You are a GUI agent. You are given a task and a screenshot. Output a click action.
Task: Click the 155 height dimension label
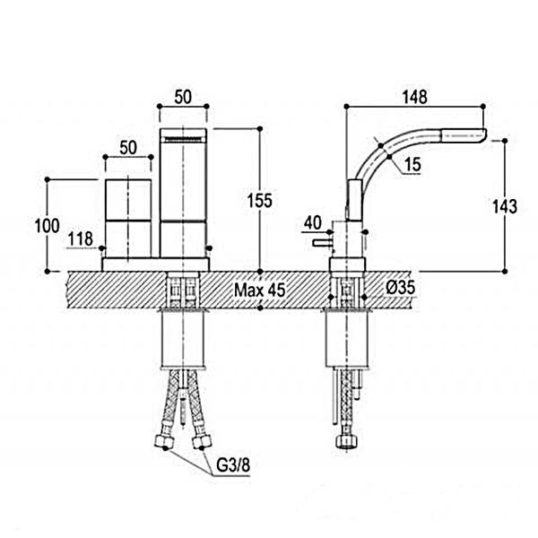coord(260,200)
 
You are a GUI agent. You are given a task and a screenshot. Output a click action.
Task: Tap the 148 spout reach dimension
coord(415,97)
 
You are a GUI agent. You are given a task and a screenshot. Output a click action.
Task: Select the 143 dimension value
coord(504,206)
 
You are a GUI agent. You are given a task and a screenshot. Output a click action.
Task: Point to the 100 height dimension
coord(48,226)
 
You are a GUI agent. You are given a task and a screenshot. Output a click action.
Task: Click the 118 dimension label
coord(81,239)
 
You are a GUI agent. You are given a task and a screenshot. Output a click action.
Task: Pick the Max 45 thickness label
coord(260,291)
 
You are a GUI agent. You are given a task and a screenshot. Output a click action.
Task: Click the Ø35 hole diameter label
coord(401,288)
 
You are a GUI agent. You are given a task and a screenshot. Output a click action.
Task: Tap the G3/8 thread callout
coord(233,465)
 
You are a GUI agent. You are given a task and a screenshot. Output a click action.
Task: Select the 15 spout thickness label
coord(412,164)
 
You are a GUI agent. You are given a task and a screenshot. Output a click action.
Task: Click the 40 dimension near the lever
coord(313,222)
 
